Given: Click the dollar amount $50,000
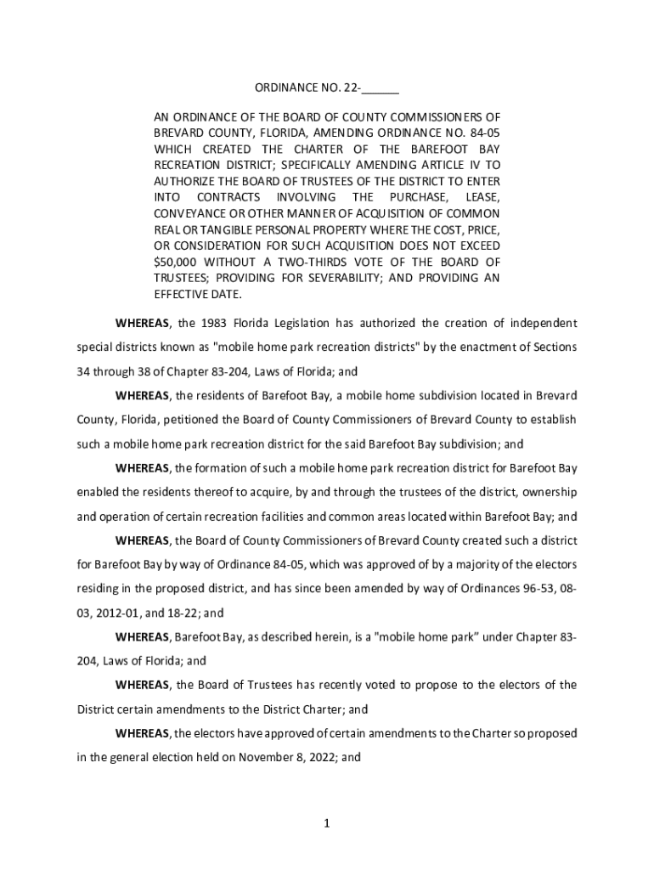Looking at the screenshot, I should click(x=175, y=263).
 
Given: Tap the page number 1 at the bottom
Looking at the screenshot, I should click(x=326, y=822).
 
